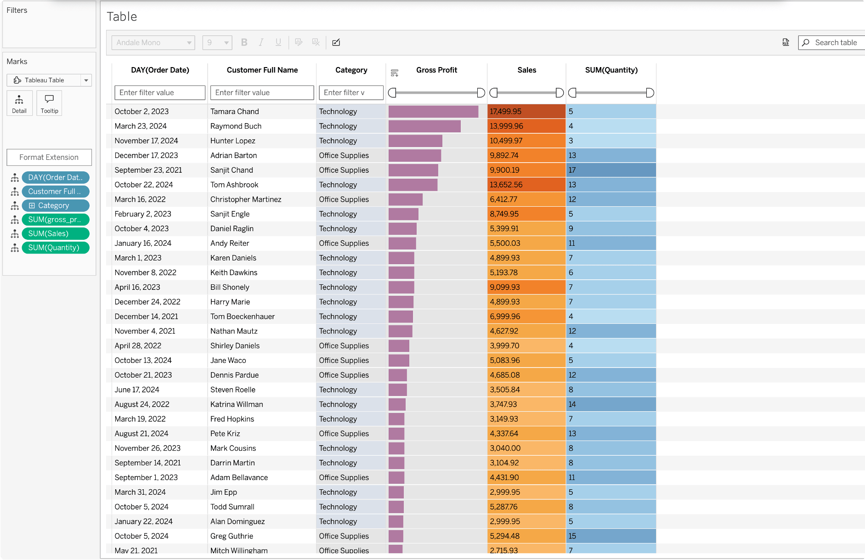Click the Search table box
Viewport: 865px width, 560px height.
(831, 43)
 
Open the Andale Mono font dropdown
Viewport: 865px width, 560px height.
(153, 43)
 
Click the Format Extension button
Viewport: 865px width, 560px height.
(49, 157)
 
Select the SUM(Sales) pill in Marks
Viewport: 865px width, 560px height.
(56, 233)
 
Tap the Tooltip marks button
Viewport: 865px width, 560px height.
(50, 103)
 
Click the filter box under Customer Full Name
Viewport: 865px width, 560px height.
(262, 92)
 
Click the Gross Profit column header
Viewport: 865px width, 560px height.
(436, 70)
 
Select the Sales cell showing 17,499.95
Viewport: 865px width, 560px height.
(526, 112)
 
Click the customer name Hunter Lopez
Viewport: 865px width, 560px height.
(233, 141)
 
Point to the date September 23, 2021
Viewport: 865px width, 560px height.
(148, 170)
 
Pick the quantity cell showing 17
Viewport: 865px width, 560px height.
(611, 170)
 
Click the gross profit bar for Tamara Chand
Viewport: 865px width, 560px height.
(433, 112)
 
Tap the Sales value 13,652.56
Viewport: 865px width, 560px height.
(506, 185)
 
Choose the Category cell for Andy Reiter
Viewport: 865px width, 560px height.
(351, 243)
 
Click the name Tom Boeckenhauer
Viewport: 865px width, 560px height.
(243, 317)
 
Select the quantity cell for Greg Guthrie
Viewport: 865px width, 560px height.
(611, 536)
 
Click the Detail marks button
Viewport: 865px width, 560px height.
(19, 103)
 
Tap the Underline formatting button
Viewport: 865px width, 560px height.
(278, 42)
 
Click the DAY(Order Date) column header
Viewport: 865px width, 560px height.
(160, 70)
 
